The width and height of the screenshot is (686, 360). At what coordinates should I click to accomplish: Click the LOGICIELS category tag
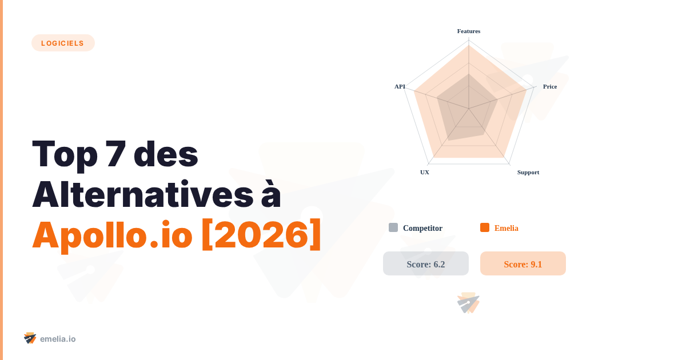coord(63,43)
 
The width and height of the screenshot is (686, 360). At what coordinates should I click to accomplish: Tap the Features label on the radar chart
coord(469,31)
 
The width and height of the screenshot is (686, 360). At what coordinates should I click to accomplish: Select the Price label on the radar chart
coord(550,86)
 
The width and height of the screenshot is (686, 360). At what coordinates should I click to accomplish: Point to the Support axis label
coord(528,172)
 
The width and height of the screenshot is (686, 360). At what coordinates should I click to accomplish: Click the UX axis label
coord(425,172)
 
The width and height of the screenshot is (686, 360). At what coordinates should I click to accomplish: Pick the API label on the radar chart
coord(400,86)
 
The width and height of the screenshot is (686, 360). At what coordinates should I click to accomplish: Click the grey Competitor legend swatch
coord(393,227)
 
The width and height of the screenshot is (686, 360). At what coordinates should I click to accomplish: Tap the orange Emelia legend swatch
coord(485,227)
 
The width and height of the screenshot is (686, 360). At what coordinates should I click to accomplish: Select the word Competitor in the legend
coord(422,228)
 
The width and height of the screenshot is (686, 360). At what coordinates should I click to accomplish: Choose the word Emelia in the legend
coord(506,228)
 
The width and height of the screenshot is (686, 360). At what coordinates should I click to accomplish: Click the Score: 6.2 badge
coord(426,264)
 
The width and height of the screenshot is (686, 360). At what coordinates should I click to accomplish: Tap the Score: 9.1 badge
coord(523,264)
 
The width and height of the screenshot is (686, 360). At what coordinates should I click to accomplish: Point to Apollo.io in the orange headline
coord(112,235)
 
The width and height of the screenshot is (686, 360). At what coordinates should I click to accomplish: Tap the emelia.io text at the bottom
coord(58,339)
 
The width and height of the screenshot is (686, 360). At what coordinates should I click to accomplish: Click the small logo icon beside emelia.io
coord(30,338)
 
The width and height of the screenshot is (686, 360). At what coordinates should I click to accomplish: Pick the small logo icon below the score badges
coord(468,303)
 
